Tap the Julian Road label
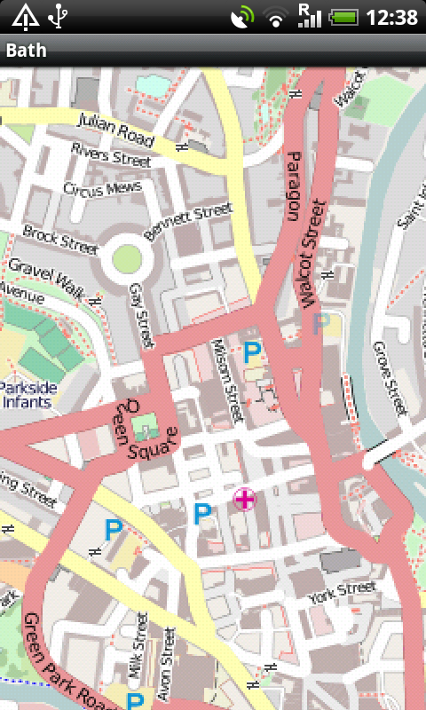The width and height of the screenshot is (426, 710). click(116, 130)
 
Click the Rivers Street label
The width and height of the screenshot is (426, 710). click(111, 155)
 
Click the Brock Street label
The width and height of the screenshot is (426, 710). click(60, 239)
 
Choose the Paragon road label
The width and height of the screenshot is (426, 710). click(294, 185)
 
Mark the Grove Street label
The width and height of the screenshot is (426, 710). click(390, 378)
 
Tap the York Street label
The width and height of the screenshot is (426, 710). click(343, 593)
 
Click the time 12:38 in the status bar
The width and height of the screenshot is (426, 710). click(391, 17)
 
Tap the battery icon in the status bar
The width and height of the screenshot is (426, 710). click(343, 17)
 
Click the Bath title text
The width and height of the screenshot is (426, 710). click(26, 51)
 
